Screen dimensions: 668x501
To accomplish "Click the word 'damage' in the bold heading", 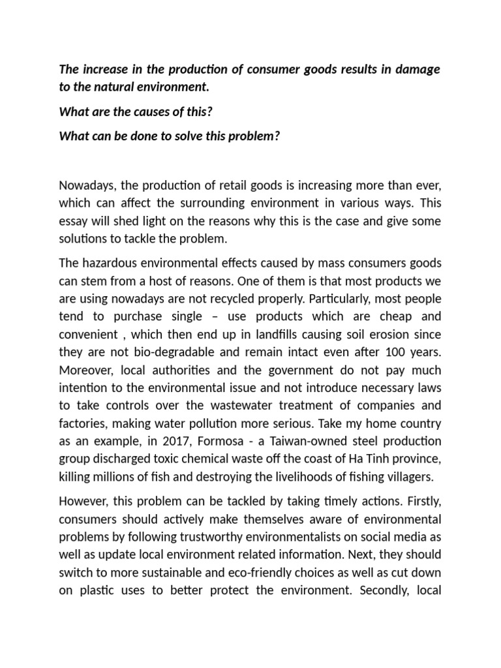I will (x=417, y=70).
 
